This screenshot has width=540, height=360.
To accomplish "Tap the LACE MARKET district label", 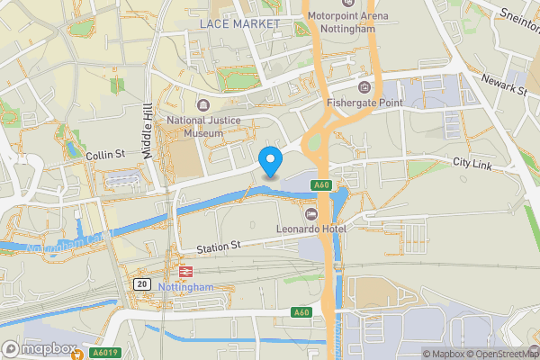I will [240, 22].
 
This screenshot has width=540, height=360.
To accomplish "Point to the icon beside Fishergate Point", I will [364, 86].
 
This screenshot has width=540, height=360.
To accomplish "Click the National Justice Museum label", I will [194, 126].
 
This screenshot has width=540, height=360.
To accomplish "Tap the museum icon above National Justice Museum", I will [199, 103].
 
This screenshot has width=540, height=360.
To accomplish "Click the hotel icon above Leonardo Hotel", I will [311, 213].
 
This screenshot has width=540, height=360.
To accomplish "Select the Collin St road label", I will [104, 156].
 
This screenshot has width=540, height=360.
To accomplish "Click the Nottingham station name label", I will [186, 287].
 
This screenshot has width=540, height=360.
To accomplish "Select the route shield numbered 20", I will [141, 283].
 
